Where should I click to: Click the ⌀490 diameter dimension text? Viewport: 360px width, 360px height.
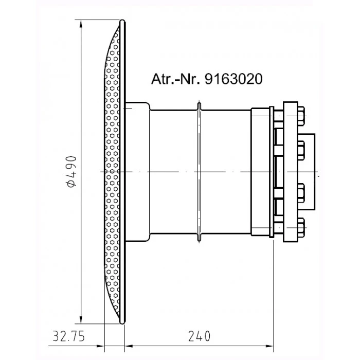[71, 171]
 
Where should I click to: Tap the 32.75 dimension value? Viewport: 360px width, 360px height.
[68, 336]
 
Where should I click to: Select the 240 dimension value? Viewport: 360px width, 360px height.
[200, 336]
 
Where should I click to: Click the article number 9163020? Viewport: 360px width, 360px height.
[233, 79]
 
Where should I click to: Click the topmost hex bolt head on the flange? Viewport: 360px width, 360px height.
[301, 116]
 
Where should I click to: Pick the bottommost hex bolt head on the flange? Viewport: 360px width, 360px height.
[301, 227]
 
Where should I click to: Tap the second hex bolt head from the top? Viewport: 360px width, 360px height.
[301, 151]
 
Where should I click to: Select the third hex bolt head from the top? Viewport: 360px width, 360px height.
[301, 193]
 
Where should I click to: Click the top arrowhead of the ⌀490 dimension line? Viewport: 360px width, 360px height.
[81, 24]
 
